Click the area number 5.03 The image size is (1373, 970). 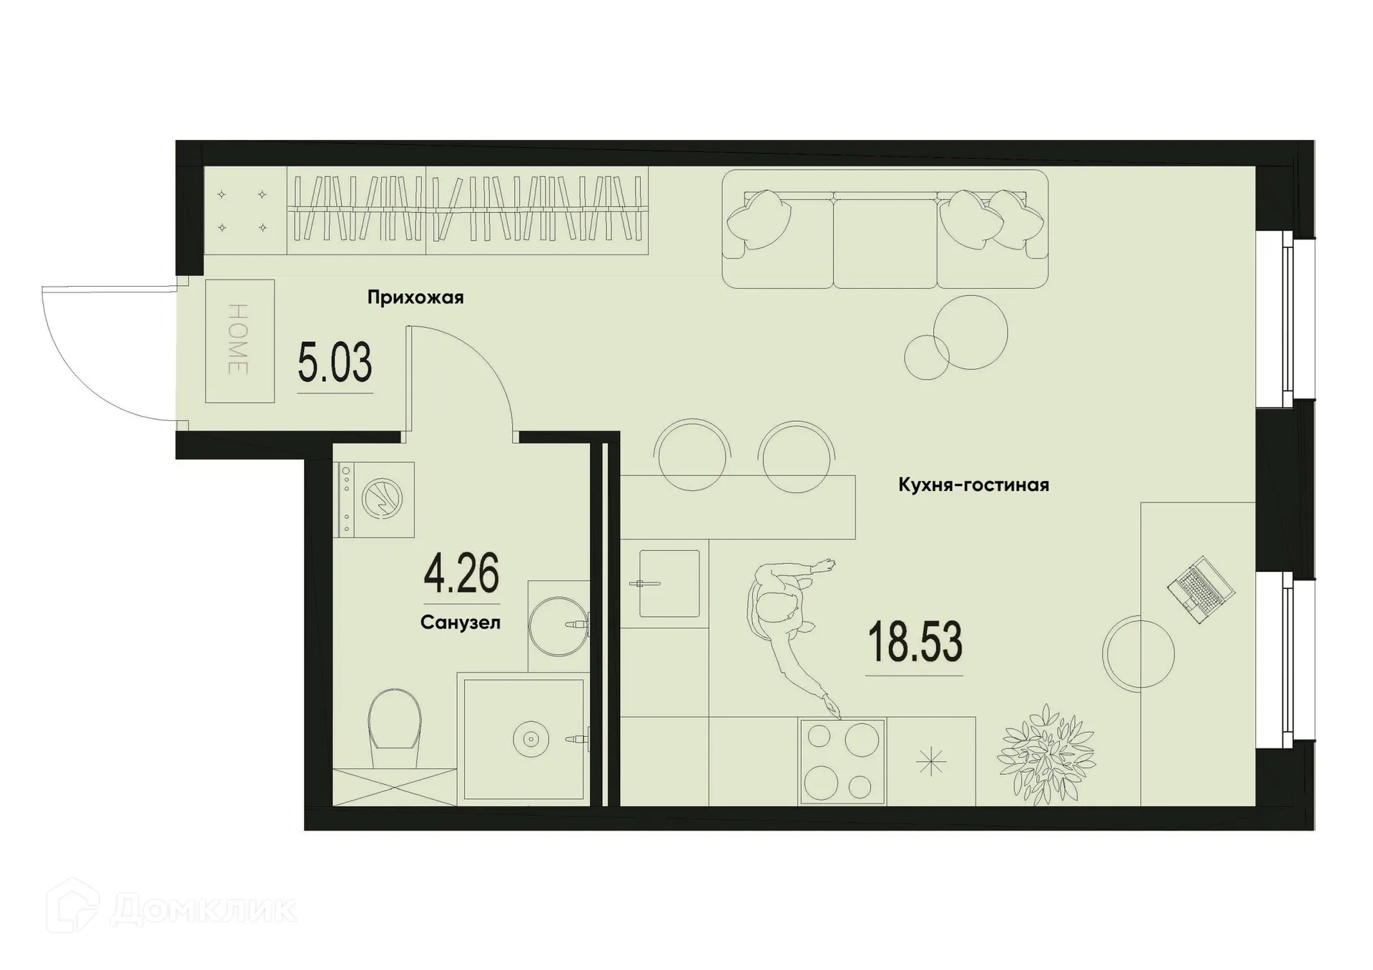click(335, 363)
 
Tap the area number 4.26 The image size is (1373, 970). click(461, 574)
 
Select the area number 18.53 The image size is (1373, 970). click(915, 643)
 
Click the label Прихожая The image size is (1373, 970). click(415, 297)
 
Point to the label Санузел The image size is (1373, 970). click(461, 623)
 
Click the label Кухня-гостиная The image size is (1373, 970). click(973, 485)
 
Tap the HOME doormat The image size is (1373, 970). click(240, 341)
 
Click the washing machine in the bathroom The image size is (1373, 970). click(374, 499)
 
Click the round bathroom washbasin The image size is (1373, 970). click(558, 625)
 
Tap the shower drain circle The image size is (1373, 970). click(530, 740)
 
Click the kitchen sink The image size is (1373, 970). click(669, 583)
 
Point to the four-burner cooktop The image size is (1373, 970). click(842, 761)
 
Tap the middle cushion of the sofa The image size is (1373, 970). click(885, 242)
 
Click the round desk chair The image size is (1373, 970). click(1138, 653)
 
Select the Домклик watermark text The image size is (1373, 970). click(204, 910)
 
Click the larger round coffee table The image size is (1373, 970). click(970, 332)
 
